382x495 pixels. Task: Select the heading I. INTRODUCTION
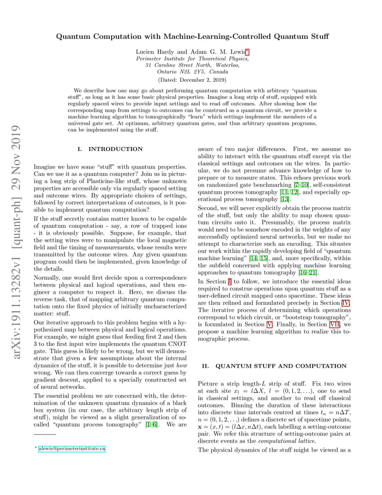pyautogui.click(x=111, y=149)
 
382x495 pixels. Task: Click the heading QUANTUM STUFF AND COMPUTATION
pyautogui.click(x=281, y=366)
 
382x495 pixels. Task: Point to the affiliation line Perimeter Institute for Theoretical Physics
pyautogui.click(x=192, y=59)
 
